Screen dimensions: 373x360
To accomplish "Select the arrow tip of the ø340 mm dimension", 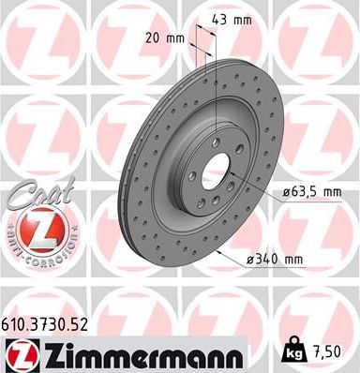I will [216, 250].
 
